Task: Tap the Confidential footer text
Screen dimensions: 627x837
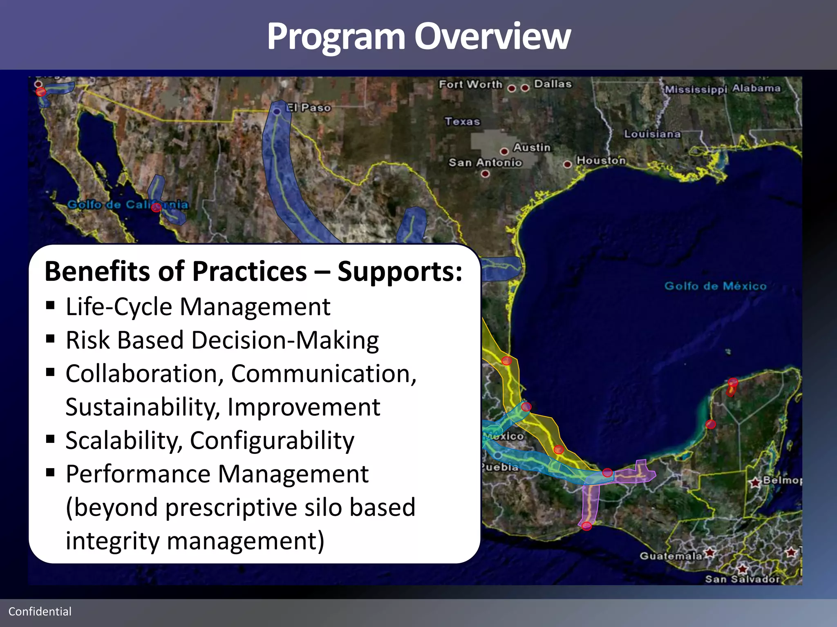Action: [x=40, y=611]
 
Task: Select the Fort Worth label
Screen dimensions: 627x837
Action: [x=470, y=84]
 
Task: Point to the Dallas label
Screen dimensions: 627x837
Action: [x=553, y=84]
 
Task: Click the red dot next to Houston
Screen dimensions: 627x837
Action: [x=567, y=165]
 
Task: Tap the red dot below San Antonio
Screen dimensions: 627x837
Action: [x=485, y=174]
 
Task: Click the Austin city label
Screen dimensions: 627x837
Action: [x=532, y=147]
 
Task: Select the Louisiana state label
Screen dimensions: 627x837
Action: [x=652, y=134]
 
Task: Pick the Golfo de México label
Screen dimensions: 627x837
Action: [x=715, y=286]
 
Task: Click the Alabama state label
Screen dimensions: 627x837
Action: [x=756, y=88]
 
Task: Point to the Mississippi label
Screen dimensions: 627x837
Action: [x=696, y=89]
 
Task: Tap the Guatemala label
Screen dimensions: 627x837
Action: [x=671, y=556]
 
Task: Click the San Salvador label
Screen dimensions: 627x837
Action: [x=742, y=579]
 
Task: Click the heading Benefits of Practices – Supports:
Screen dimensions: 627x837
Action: [x=253, y=271]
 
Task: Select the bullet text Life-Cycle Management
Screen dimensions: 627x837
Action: [x=198, y=307]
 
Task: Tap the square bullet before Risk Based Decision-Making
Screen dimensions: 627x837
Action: [x=50, y=339]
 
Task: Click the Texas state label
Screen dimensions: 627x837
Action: [x=462, y=121]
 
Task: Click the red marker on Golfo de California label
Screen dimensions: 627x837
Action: [x=156, y=208]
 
